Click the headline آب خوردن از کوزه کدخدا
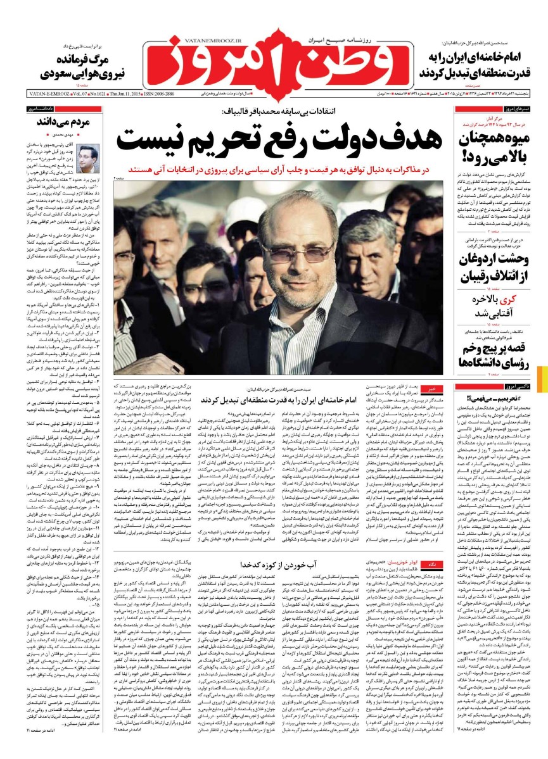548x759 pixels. pyautogui.click(x=274, y=563)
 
